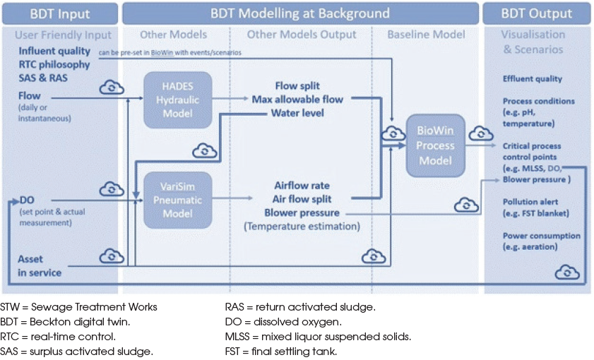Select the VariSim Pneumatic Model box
pyautogui.click(x=177, y=200)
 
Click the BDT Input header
pyautogui.click(x=59, y=13)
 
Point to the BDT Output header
pyautogui.click(x=537, y=13)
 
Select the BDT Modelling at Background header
pyautogui.click(x=299, y=13)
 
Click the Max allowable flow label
pyautogui.click(x=297, y=100)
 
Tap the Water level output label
pyautogui.click(x=297, y=113)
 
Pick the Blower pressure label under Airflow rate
pyautogui.click(x=302, y=212)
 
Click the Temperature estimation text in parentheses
pyautogui.click(x=302, y=227)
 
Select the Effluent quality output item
pyautogui.click(x=533, y=79)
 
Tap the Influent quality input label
pyautogui.click(x=54, y=51)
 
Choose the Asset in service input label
pyautogui.click(x=40, y=265)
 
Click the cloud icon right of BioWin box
pyautogui.click(x=482, y=133)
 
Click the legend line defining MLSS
pyautogui.click(x=318, y=336)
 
